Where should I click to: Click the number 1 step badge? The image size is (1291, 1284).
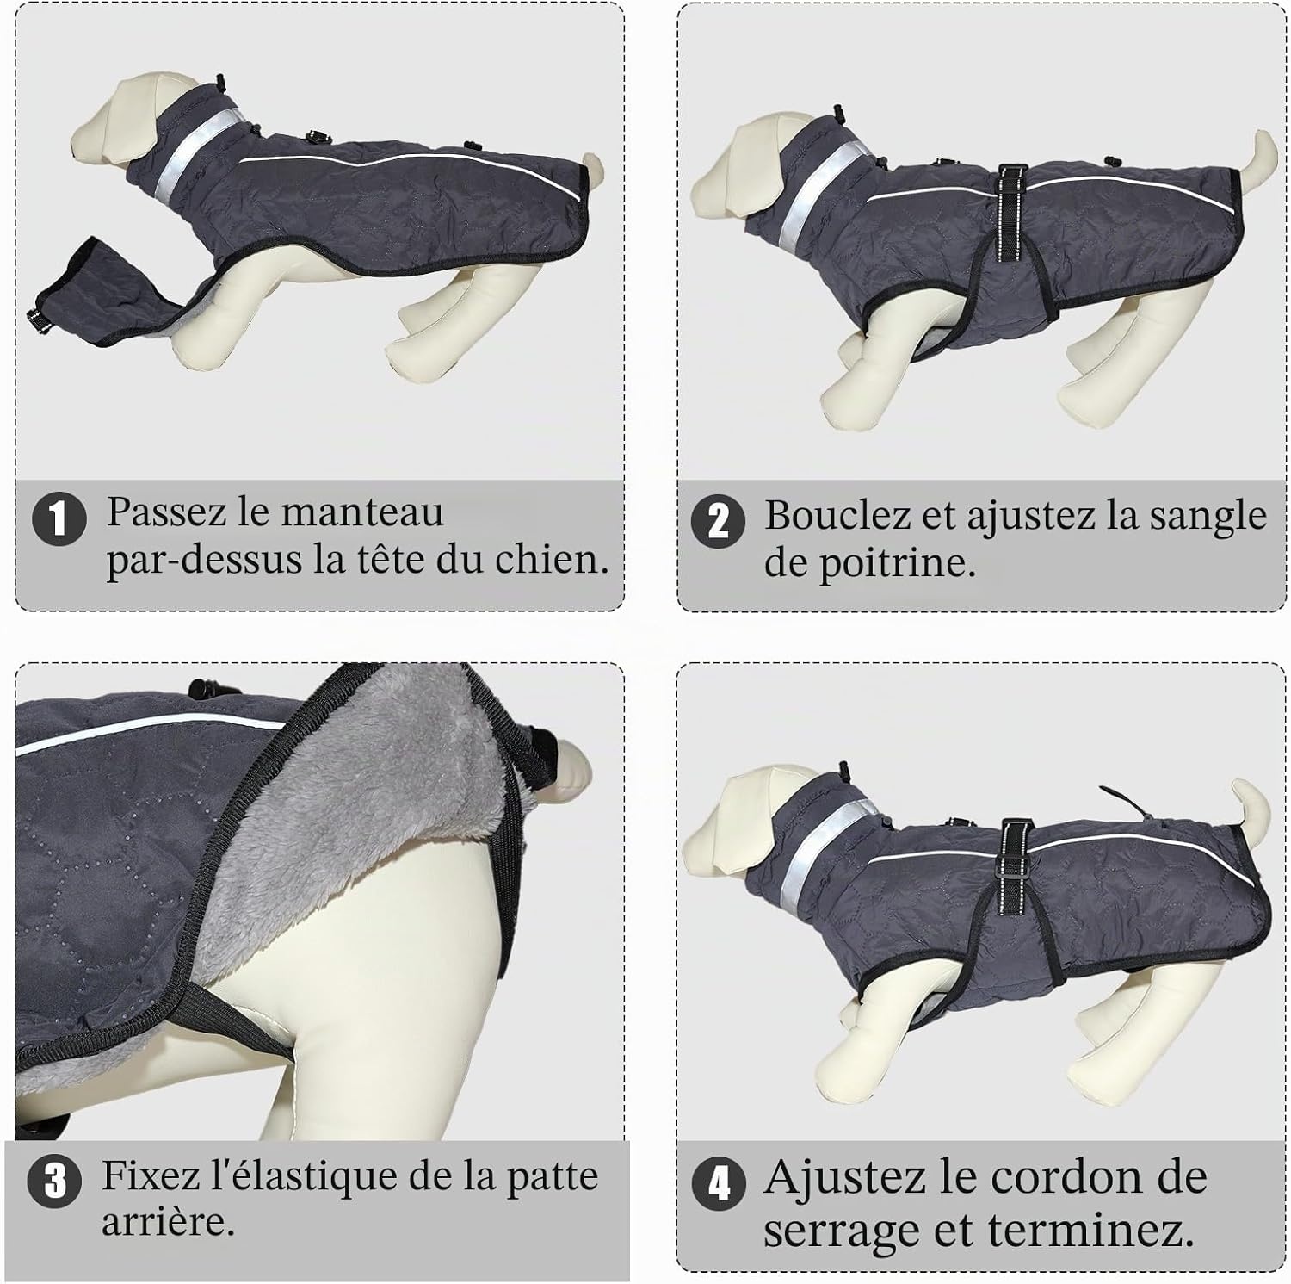point(59,518)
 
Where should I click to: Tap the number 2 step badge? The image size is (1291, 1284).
point(718,522)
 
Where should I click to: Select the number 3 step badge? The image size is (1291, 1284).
point(54,1181)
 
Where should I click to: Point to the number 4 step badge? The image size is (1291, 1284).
point(719,1184)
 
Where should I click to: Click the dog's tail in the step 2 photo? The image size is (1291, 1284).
point(1257,158)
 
